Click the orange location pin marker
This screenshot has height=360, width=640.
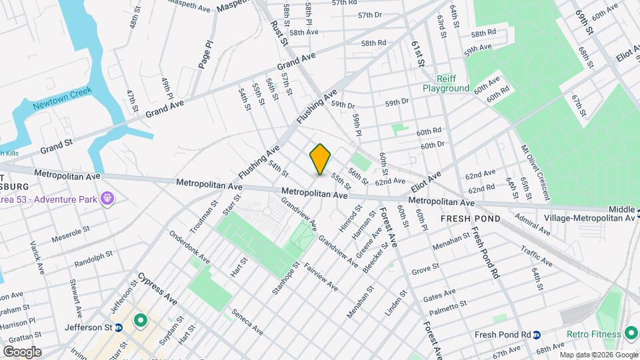(320, 159)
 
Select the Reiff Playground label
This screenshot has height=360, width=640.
(445, 83)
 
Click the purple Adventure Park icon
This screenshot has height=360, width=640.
(107, 199)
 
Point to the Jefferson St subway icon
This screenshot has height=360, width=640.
(119, 327)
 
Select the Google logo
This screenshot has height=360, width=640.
(21, 351)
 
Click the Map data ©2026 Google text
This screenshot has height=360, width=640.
(597, 355)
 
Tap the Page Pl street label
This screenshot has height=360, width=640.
(205, 54)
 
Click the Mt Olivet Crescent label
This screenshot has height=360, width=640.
(535, 173)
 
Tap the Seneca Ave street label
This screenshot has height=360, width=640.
(247, 321)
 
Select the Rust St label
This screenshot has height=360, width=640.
(279, 33)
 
